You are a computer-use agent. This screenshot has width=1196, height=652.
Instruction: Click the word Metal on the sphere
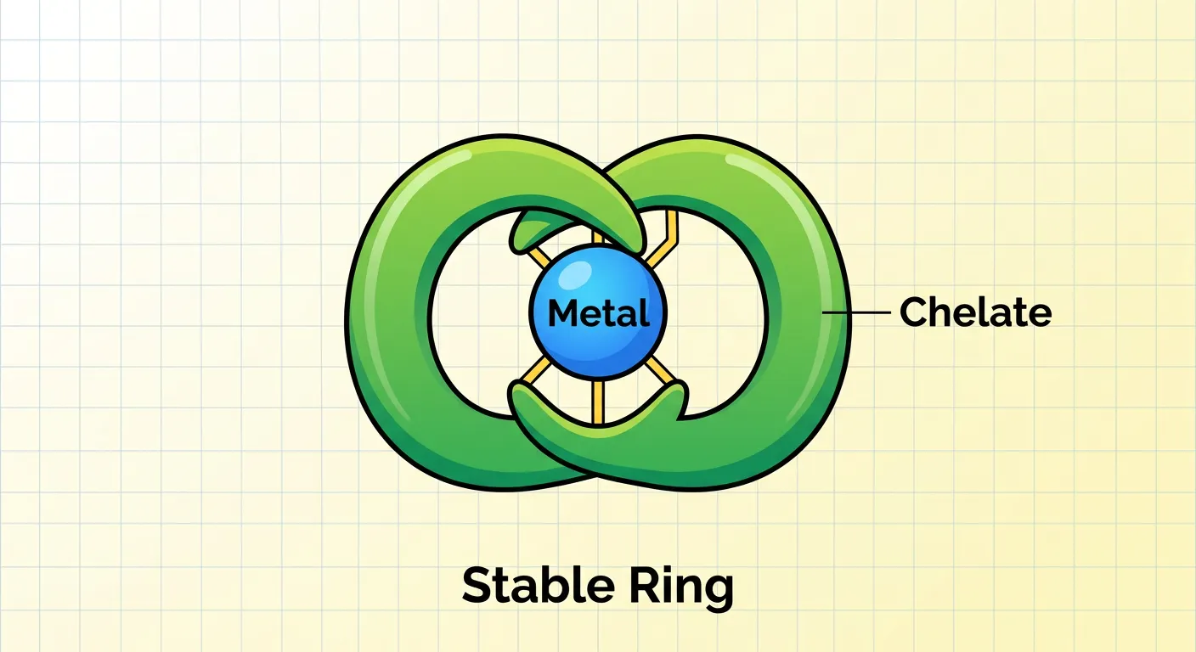pos(598,313)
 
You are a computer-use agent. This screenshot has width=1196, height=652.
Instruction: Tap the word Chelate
pos(975,312)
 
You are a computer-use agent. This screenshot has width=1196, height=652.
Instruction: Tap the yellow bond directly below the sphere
pos(598,399)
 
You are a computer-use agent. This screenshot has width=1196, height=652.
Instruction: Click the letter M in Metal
pos(562,313)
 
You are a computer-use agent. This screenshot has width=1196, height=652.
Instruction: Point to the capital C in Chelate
pos(912,312)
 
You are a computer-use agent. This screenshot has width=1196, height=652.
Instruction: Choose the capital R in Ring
pos(641,585)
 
